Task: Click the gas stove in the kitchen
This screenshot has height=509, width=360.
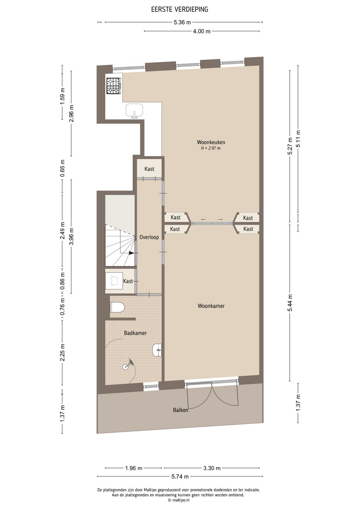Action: (113, 86)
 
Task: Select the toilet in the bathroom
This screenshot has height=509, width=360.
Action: (117, 308)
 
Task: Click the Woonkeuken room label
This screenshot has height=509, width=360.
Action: (211, 142)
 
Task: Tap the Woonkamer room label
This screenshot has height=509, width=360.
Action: (211, 306)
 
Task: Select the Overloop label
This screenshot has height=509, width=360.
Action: (149, 237)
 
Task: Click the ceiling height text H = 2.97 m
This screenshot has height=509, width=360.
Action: (211, 148)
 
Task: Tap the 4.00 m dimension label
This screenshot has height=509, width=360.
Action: (202, 31)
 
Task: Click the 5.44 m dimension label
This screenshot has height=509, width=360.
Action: (290, 303)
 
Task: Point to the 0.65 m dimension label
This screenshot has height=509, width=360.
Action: (63, 168)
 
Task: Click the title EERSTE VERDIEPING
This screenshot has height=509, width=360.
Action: (180, 9)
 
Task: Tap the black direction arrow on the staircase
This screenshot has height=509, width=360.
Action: (132, 253)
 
